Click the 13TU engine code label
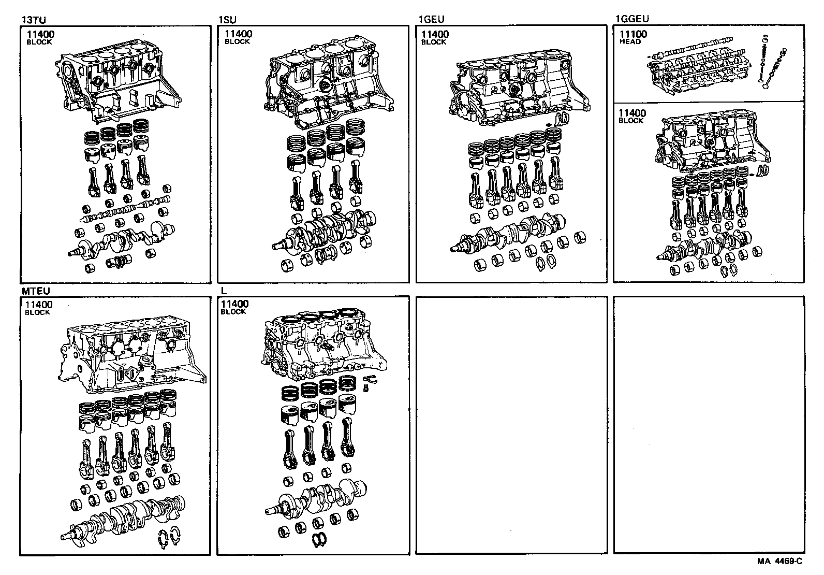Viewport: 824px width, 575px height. pos(31,20)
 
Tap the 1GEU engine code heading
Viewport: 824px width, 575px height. pos(431,20)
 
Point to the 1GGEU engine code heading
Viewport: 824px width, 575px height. pos(631,20)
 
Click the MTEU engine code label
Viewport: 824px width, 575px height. pos(35,291)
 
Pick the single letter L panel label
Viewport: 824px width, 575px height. pos(224,291)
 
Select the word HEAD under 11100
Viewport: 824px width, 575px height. pos(630,42)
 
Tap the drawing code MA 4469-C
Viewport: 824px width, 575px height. pos(779,561)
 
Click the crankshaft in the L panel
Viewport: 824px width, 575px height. pos(316,500)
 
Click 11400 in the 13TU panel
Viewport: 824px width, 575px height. pos(40,34)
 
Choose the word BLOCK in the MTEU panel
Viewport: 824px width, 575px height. pos(38,312)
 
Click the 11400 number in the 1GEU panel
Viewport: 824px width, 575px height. pos(435,34)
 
